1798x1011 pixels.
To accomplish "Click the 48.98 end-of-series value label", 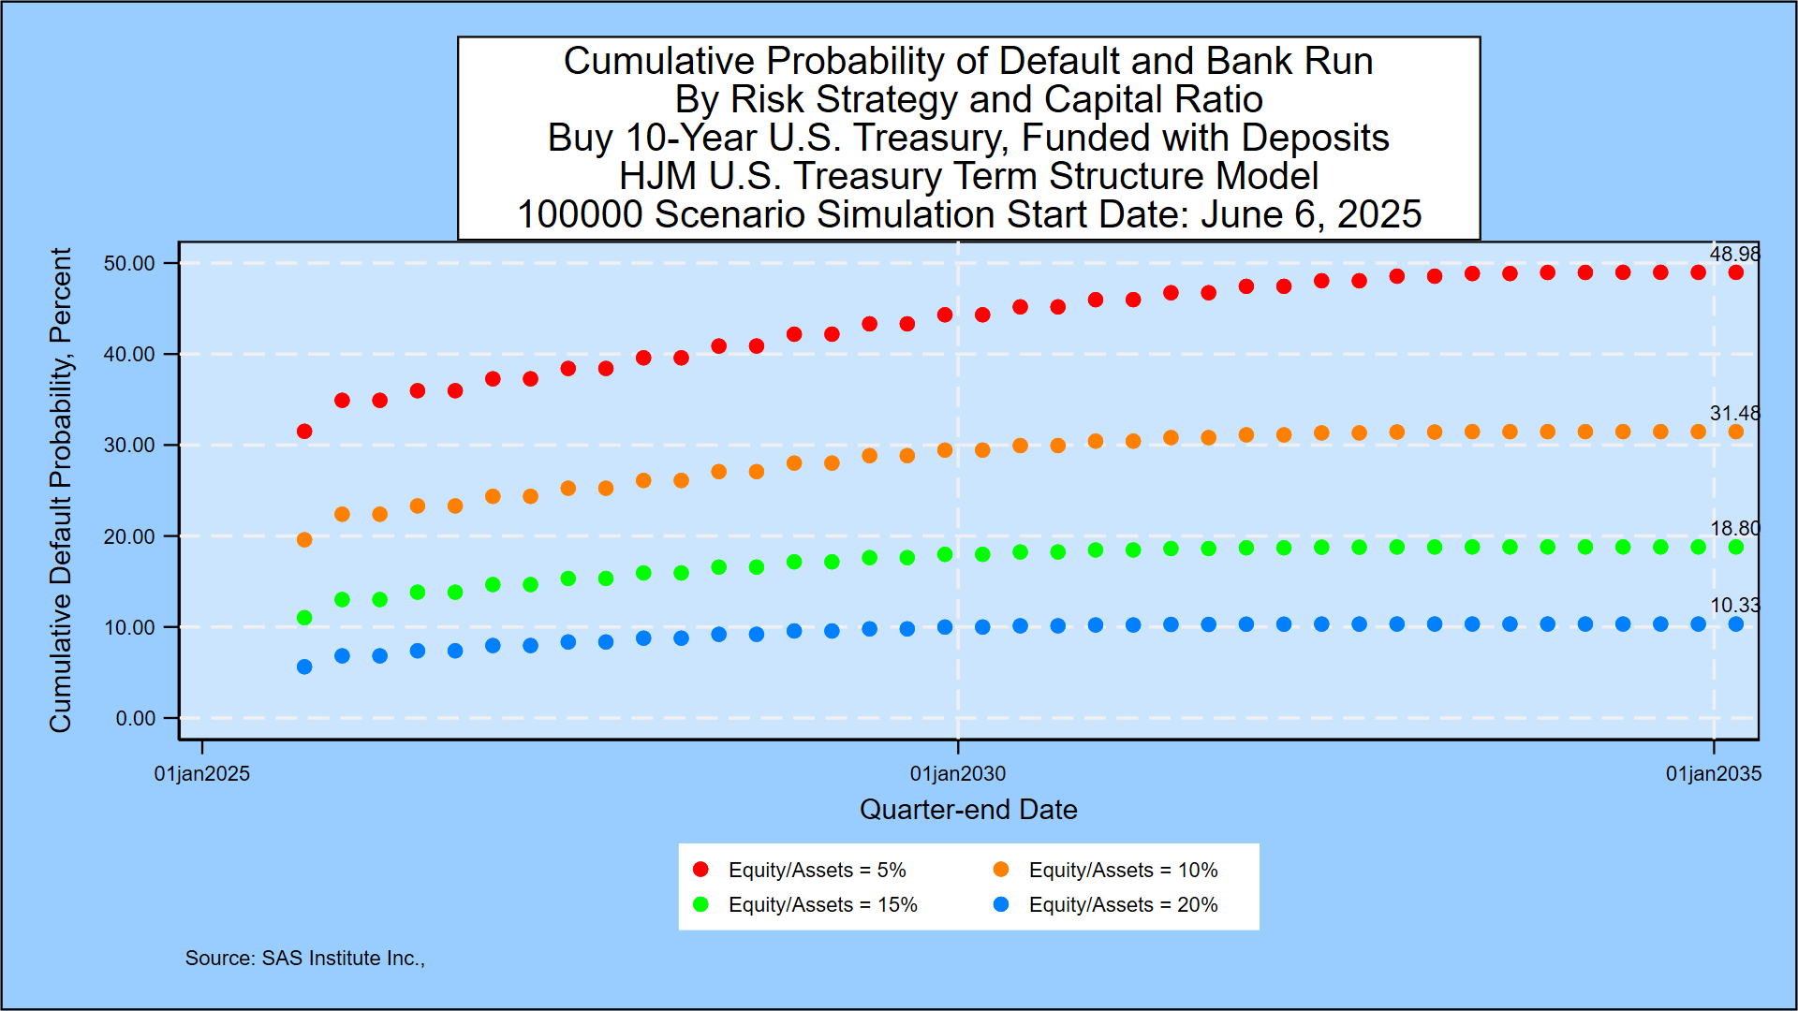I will coord(1734,254).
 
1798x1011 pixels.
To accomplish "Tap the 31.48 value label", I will coord(1734,413).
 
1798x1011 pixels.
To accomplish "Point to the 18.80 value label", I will coord(1734,528).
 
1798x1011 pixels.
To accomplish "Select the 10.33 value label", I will coord(1734,605).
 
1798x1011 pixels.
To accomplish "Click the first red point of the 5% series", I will coord(304,432).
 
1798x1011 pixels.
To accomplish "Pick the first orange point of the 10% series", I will coord(304,540).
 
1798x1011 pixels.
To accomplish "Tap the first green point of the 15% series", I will coord(304,618).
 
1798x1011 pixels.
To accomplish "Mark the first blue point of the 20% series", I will coord(304,667).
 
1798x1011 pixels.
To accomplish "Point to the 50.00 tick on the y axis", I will coord(129,263).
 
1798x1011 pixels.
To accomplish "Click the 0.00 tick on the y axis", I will coord(136,718).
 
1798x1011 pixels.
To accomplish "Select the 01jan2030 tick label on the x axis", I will coord(958,774).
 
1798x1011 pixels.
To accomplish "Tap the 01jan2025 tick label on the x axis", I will coord(202,774).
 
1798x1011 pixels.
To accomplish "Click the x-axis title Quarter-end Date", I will coord(968,810).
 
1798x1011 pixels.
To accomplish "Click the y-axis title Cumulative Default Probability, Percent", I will coord(60,490).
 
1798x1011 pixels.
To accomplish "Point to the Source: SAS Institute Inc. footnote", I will coord(304,958).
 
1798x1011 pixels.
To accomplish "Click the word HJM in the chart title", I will coord(656,176).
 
